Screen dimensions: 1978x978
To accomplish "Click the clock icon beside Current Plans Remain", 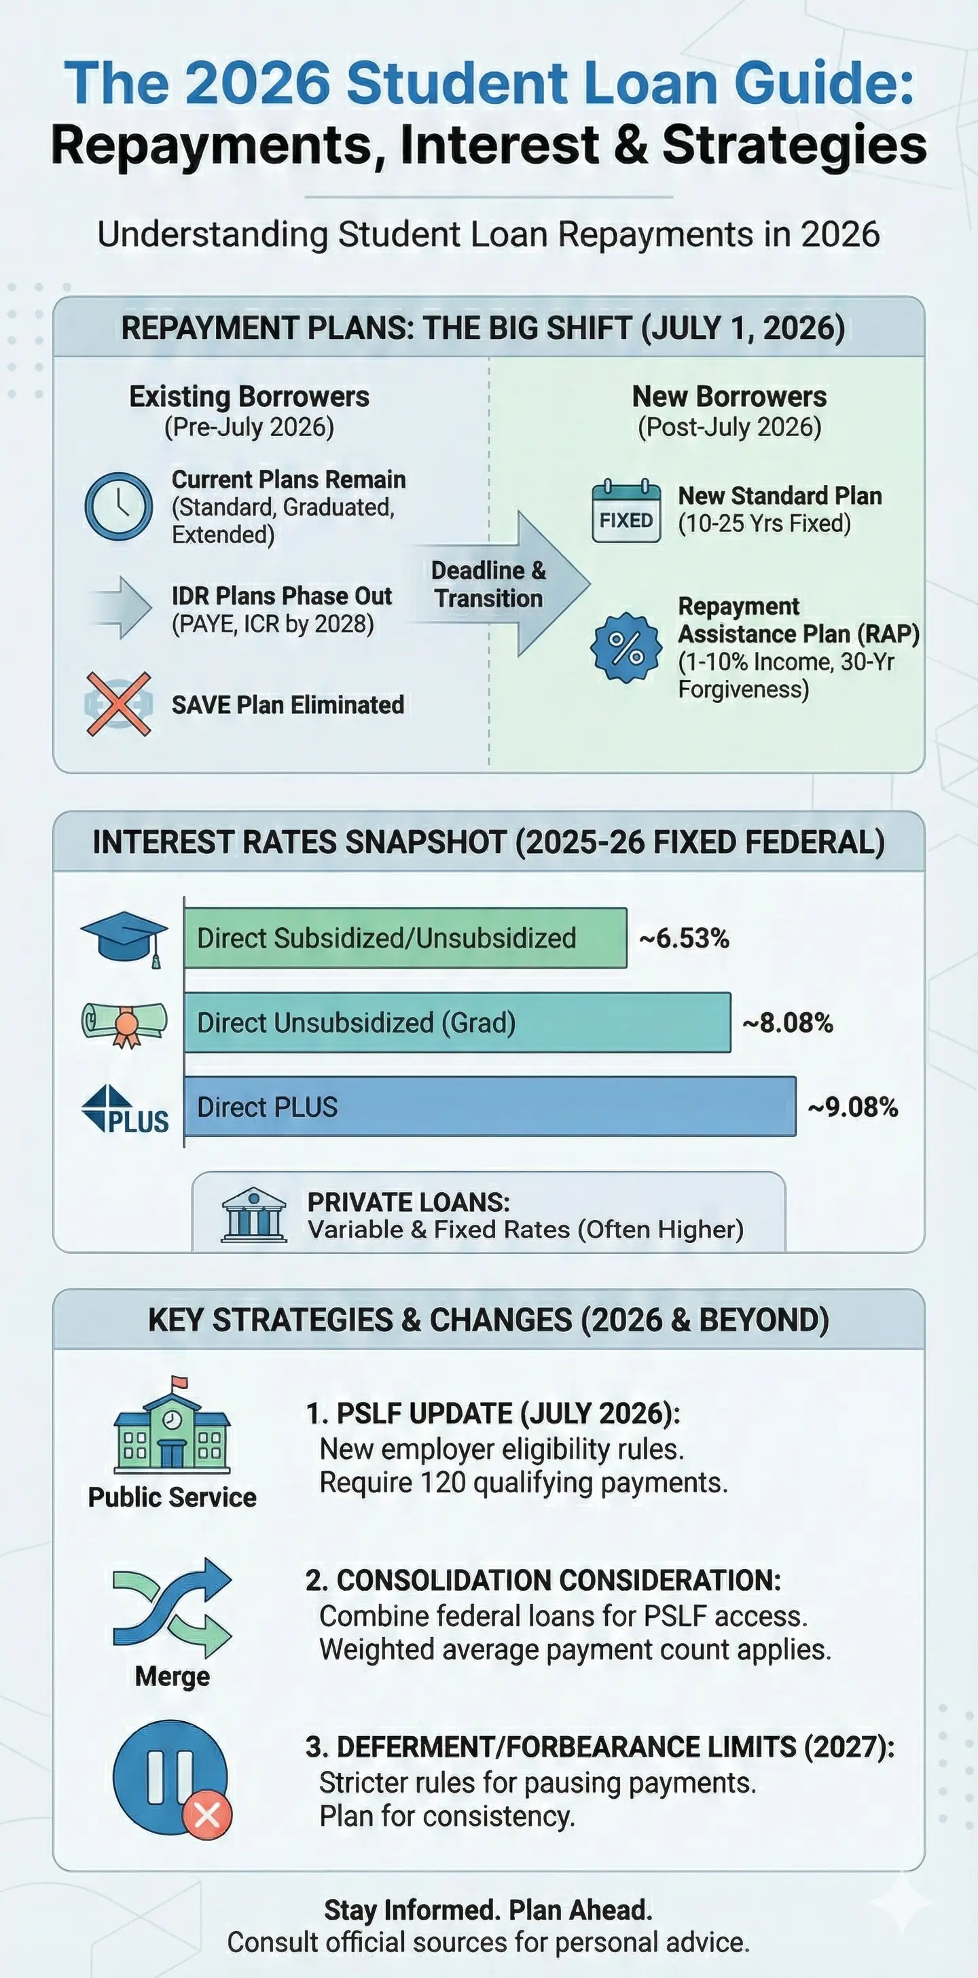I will pos(118,506).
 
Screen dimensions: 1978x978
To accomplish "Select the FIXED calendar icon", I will pos(626,511).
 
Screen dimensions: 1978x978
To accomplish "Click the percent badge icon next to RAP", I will pos(626,647).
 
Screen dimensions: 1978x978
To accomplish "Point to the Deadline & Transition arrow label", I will pos(489,584).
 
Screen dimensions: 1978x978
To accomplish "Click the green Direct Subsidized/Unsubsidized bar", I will pos(405,937).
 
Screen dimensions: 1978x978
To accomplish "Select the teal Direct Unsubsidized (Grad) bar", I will pos(457,1022).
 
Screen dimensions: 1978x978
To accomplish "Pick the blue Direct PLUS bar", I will pos(490,1107).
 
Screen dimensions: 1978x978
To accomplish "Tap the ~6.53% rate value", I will pos(683,938).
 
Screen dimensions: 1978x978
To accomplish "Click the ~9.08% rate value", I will pos(852,1107).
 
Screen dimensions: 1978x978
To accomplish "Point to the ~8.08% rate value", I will pos(787,1023).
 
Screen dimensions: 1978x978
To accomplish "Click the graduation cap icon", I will pos(124,938).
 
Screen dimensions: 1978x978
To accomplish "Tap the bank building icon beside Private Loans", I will pos(253,1215).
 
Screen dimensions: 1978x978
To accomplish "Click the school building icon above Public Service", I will pos(172,1425).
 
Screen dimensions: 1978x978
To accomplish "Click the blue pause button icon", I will pos(170,1778).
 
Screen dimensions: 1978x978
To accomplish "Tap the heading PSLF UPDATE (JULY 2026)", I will pos(493,1414).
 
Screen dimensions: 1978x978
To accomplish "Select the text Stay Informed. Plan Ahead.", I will pos(488,1909).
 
